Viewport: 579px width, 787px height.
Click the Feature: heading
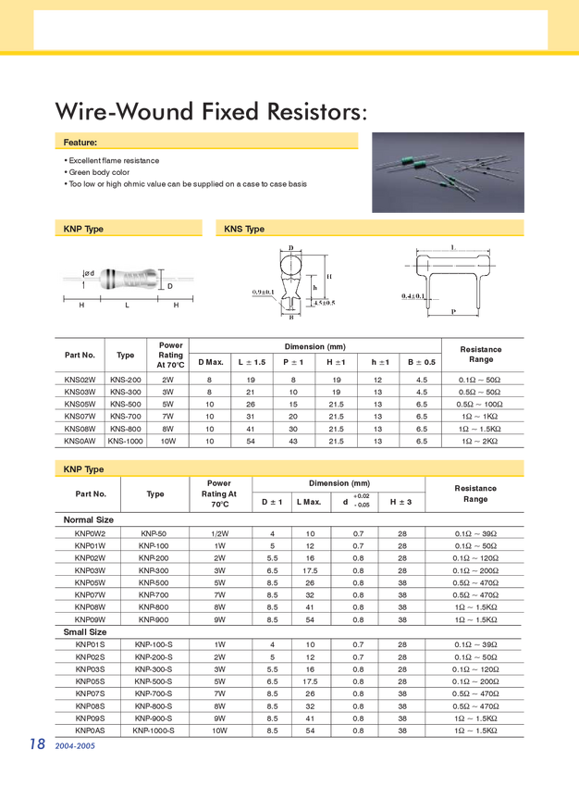click(x=80, y=143)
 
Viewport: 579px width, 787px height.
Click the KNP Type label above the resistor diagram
click(x=83, y=229)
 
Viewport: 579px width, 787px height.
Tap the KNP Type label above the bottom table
click(x=83, y=470)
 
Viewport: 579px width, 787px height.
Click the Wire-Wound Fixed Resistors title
click(x=211, y=112)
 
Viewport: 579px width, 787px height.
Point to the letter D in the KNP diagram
click(x=170, y=286)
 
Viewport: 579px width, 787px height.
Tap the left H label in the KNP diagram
click(x=81, y=304)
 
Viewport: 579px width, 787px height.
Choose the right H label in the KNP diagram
click(x=176, y=304)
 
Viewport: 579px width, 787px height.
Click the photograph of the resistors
click(x=448, y=171)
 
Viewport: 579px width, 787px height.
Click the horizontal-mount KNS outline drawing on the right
click(x=451, y=283)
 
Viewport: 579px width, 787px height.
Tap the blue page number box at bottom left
click(x=37, y=743)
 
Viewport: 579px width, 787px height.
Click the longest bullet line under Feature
click(x=185, y=184)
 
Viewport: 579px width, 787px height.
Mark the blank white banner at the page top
click(x=290, y=30)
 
